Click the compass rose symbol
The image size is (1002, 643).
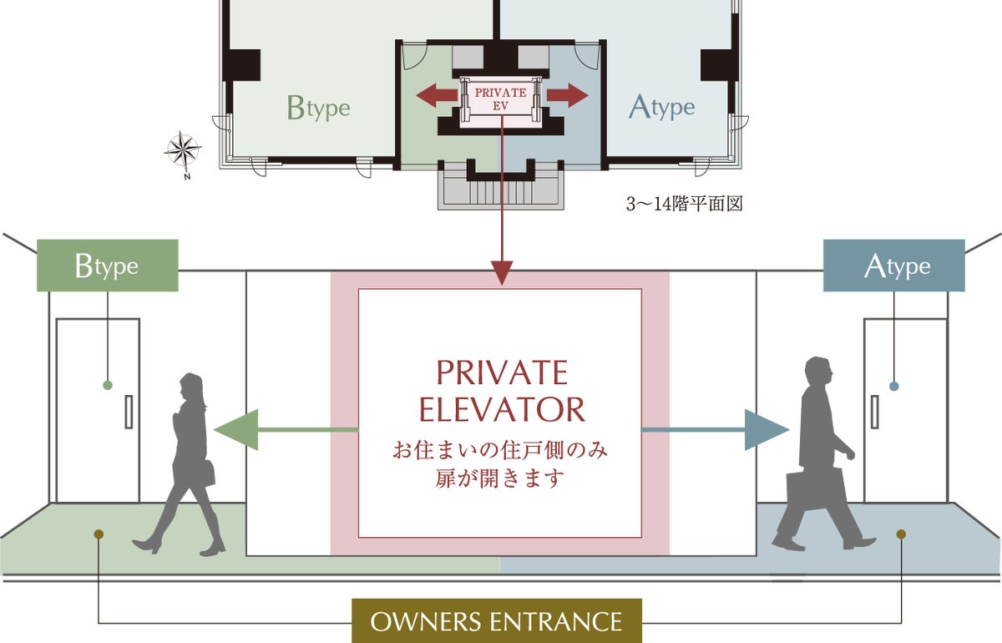point(183,151)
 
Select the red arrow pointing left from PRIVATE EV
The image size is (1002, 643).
point(437,95)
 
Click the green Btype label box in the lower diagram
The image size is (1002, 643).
point(107,266)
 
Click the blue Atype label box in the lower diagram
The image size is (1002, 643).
point(893,266)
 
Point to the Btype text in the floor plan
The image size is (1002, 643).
point(318,108)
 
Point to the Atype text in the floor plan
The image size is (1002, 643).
point(662,107)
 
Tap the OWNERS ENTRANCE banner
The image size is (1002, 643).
point(496,621)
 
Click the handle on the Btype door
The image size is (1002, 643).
point(129,412)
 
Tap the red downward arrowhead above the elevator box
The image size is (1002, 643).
point(501,272)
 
